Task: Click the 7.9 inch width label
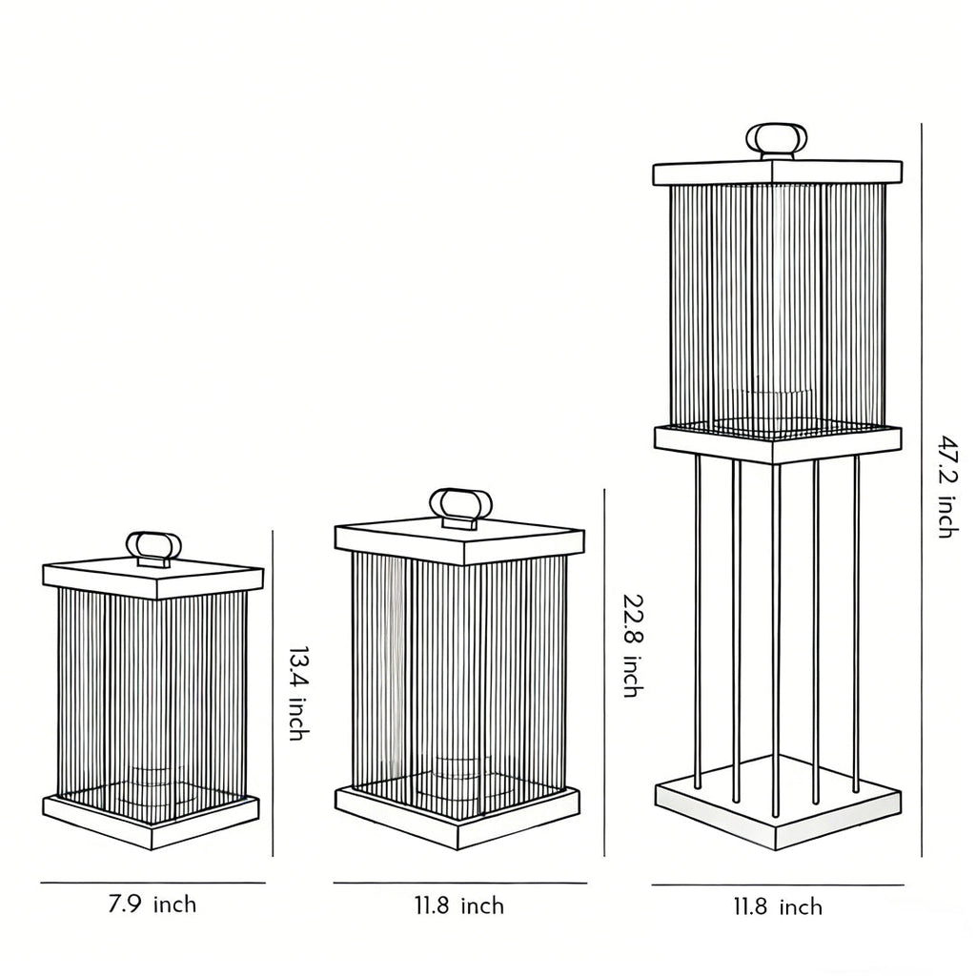[x=152, y=904]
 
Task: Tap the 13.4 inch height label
[x=297, y=694]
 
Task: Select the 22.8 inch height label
[x=633, y=645]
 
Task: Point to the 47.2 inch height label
[x=945, y=486]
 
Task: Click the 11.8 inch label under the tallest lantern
[x=777, y=906]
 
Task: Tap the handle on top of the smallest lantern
[x=152, y=548]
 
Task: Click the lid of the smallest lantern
[x=152, y=578]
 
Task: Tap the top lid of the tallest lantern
[x=776, y=173]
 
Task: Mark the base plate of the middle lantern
[x=457, y=818]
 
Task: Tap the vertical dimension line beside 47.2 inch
[x=921, y=486]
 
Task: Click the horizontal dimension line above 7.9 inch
[x=152, y=883]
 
